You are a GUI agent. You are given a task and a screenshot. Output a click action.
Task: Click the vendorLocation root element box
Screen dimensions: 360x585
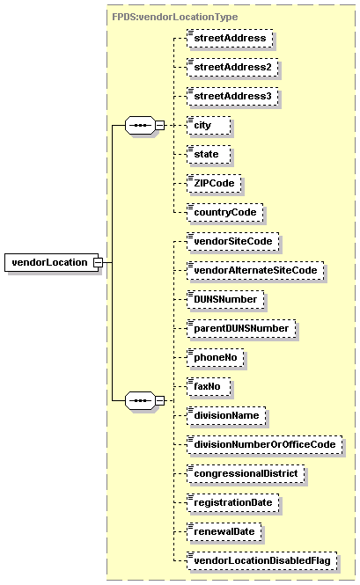point(52,262)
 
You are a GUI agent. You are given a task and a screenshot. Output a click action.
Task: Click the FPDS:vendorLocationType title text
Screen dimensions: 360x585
point(175,17)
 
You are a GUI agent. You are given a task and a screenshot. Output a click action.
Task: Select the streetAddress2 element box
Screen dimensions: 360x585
point(232,68)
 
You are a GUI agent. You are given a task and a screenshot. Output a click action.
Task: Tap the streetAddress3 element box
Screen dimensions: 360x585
point(232,97)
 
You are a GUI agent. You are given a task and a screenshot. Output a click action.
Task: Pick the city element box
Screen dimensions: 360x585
point(209,126)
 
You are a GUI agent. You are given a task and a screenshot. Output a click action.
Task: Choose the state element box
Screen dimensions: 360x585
point(209,155)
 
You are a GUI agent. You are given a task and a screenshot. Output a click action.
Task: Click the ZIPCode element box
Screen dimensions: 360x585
point(214,184)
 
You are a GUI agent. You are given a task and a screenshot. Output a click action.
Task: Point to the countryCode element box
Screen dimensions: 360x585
point(224,213)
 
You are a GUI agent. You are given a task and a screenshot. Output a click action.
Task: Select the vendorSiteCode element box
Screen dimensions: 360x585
point(232,242)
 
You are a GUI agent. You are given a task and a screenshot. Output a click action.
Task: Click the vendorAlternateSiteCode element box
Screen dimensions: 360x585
point(255,271)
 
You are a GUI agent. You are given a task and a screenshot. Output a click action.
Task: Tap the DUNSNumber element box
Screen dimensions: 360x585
point(225,300)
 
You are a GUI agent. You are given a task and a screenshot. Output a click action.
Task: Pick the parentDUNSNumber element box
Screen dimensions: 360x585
point(241,329)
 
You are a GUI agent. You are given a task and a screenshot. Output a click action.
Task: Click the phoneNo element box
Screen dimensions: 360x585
point(216,358)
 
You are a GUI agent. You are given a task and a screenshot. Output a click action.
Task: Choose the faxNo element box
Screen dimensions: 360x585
point(209,387)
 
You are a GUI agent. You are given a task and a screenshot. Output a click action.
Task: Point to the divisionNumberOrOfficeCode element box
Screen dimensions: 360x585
point(264,445)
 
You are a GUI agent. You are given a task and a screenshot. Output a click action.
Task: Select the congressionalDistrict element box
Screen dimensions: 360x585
point(246,474)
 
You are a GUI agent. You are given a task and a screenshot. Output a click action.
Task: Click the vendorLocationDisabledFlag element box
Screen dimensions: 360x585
point(261,561)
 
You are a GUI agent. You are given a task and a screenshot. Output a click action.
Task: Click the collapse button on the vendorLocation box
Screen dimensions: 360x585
point(98,263)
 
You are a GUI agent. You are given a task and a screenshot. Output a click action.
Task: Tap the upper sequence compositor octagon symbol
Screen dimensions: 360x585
point(140,125)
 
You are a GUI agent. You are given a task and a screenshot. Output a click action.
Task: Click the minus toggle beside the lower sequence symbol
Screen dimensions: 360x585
point(160,400)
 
